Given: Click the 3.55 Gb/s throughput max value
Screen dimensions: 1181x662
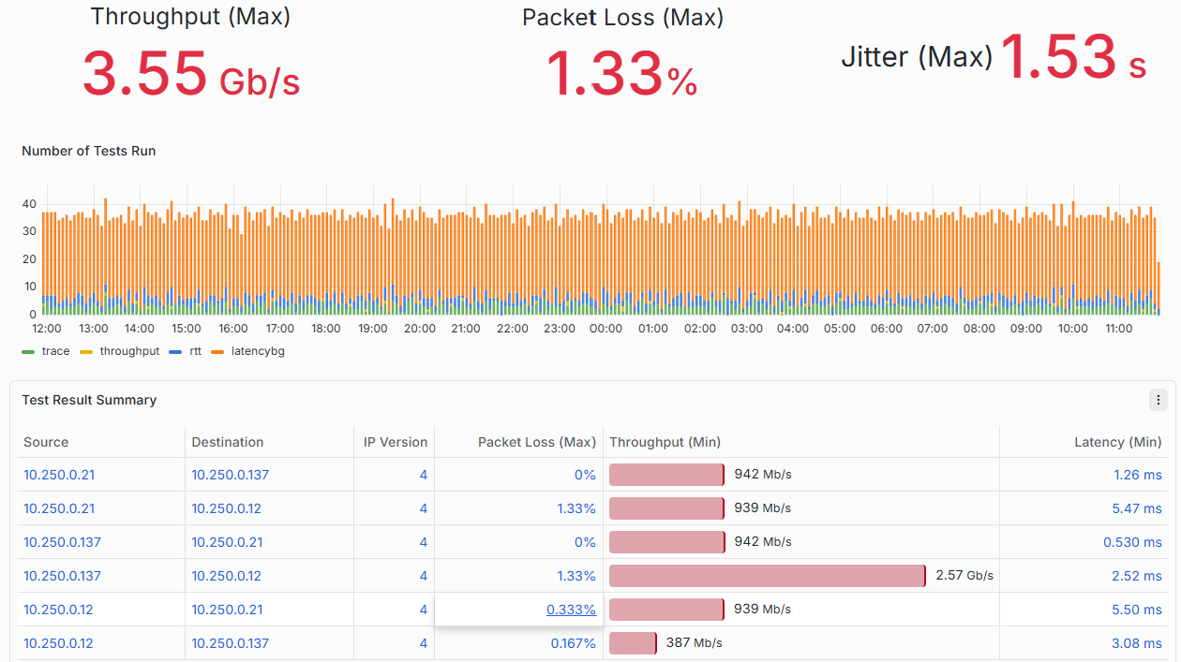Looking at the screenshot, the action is point(191,73).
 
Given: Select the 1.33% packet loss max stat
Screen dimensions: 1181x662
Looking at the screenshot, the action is point(622,73).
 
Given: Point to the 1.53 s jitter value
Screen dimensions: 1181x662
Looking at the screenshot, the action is point(1073,56).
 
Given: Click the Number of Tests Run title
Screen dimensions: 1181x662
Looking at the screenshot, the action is point(88,151).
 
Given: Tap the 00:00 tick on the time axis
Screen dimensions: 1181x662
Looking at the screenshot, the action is point(605,329).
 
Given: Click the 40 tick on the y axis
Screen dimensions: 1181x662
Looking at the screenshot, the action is point(30,204).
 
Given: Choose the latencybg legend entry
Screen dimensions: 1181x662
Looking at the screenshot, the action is point(247,351).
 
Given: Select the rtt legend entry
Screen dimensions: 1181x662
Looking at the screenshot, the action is point(185,351).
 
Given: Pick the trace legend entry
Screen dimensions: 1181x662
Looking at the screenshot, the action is point(46,351).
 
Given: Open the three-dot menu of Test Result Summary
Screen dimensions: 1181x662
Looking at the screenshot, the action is point(1159,400).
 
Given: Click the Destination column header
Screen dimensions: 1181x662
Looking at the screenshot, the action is point(227,442).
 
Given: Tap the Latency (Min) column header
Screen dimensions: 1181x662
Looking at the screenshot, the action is point(1117,442).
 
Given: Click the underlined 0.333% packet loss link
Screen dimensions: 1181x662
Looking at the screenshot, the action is point(571,610).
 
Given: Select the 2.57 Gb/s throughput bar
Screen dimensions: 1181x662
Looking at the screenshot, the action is point(768,576).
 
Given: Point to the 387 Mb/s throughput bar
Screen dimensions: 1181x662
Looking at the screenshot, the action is point(634,643).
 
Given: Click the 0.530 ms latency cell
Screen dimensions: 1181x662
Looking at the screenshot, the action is point(1132,542).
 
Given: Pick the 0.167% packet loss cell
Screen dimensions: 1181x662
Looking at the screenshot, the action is point(573,643).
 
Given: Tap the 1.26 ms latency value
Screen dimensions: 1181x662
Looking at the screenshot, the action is point(1137,475).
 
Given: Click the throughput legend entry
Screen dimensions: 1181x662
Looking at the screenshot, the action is point(120,351).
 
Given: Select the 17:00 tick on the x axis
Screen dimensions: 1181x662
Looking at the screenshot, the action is point(280,329).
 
